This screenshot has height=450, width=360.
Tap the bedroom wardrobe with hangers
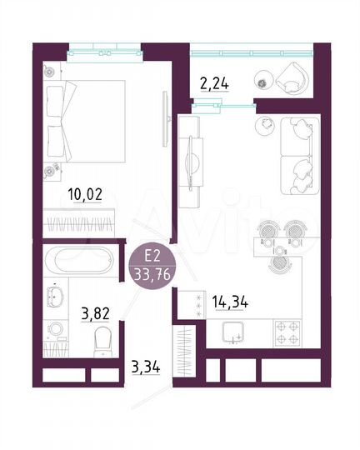pos(81,224)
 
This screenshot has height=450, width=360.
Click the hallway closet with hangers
pos(185,347)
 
